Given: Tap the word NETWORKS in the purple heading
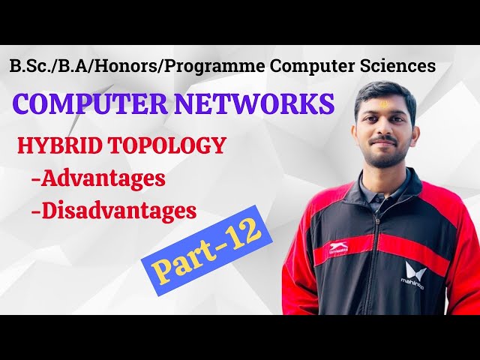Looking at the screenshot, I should (x=255, y=103).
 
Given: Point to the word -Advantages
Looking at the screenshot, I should (x=97, y=179).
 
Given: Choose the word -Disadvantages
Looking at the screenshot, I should (x=113, y=211).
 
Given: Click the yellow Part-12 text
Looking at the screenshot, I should (x=202, y=247).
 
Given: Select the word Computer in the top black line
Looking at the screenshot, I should (x=316, y=65).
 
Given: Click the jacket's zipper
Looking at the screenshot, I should (x=374, y=247).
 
